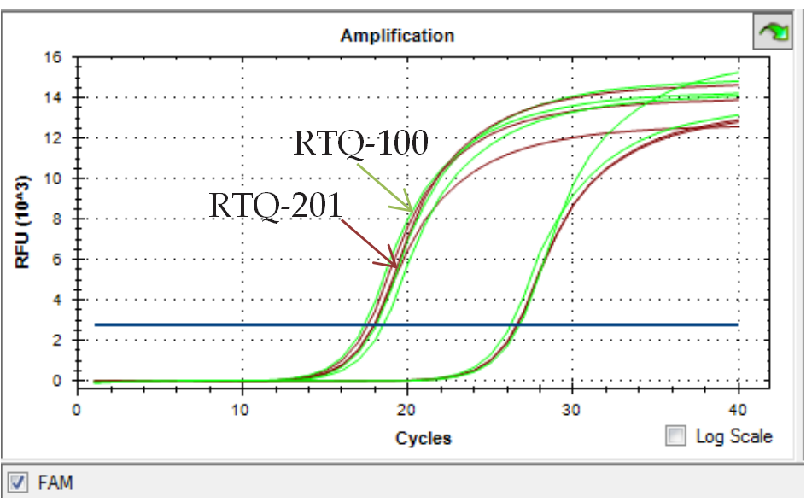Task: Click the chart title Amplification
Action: [397, 36]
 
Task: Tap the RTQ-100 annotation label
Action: [360, 143]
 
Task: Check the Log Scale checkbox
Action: [676, 436]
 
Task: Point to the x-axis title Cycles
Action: [423, 439]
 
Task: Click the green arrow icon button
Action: [775, 33]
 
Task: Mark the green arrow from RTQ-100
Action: [383, 187]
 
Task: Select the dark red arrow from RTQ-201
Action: [369, 243]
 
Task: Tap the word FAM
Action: [55, 482]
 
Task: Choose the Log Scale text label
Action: [733, 436]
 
